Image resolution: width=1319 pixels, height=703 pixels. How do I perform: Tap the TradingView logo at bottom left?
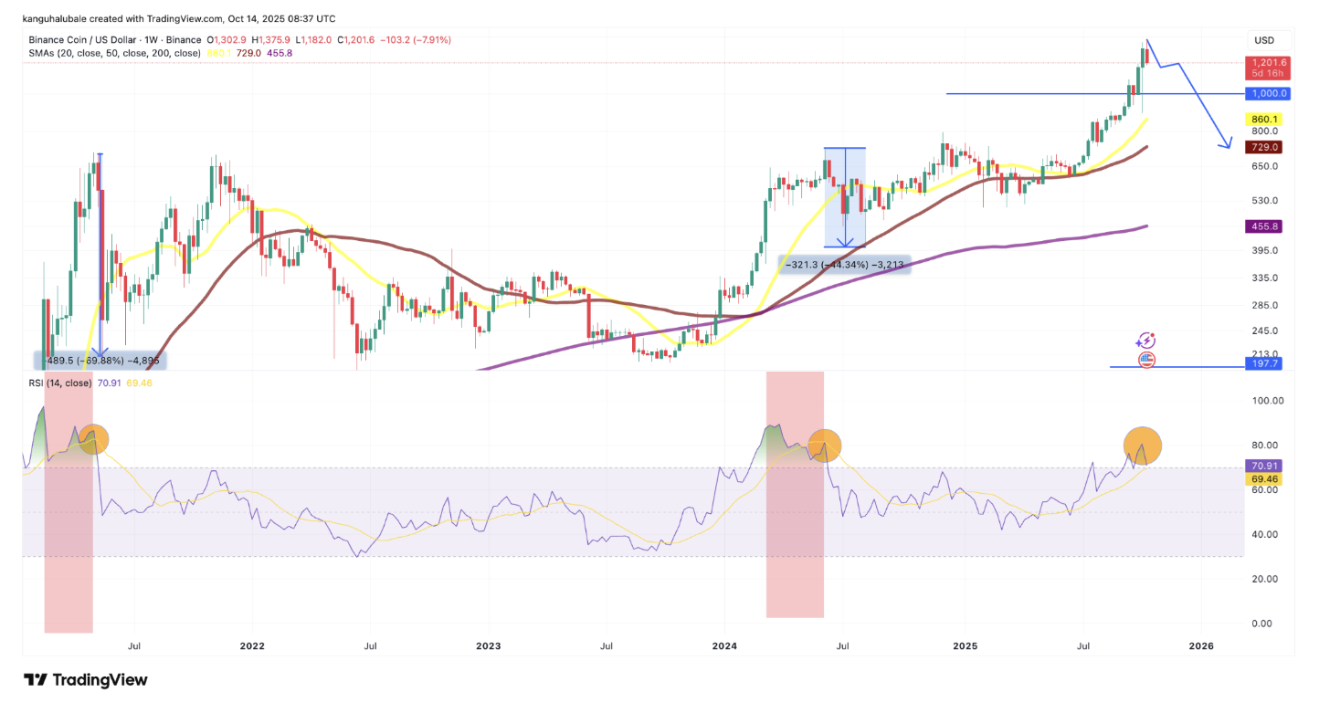click(x=85, y=679)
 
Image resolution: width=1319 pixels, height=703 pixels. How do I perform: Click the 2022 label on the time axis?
click(x=252, y=646)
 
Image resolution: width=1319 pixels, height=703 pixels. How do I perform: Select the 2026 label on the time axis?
click(x=1201, y=646)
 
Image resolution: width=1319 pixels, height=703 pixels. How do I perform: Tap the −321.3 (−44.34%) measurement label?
click(x=844, y=264)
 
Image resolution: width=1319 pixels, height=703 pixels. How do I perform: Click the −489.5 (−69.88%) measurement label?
click(x=100, y=361)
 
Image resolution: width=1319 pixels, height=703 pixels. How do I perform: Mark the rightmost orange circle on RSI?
click(x=1143, y=446)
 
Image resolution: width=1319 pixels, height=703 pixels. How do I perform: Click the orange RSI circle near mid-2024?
click(x=824, y=445)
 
